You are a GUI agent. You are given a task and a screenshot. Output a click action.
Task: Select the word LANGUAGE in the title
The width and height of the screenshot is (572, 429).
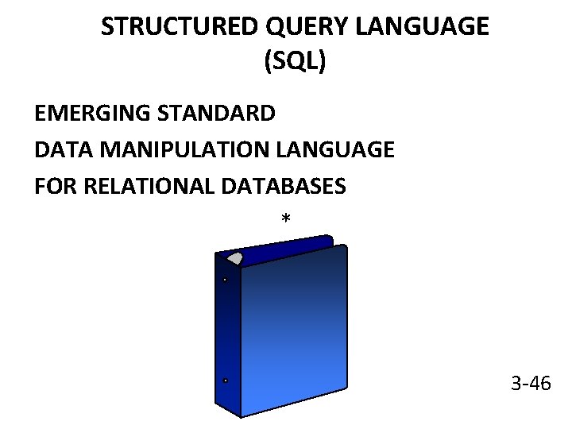(422, 28)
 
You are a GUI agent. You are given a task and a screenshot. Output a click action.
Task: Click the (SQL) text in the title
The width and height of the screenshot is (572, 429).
(295, 62)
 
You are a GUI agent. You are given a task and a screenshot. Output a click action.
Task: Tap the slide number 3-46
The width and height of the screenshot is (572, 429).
(531, 385)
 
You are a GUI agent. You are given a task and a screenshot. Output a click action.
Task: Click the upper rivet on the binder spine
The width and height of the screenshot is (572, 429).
(226, 280)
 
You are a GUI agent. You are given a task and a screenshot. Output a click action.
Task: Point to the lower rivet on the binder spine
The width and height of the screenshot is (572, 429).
(226, 381)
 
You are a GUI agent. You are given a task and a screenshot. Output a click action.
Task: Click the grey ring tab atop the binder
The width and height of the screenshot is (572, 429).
(235, 257)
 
